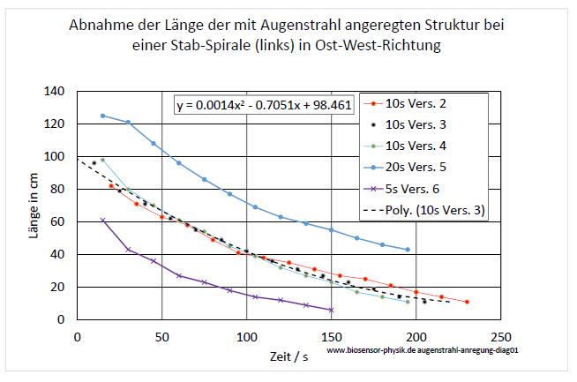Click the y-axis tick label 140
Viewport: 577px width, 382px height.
(54, 91)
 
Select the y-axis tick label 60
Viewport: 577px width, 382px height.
(57, 221)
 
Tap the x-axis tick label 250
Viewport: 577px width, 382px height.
(500, 335)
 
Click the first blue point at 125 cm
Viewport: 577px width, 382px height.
(102, 116)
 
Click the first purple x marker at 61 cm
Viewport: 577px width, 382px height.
(102, 220)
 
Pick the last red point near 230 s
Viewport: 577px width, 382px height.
(467, 302)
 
